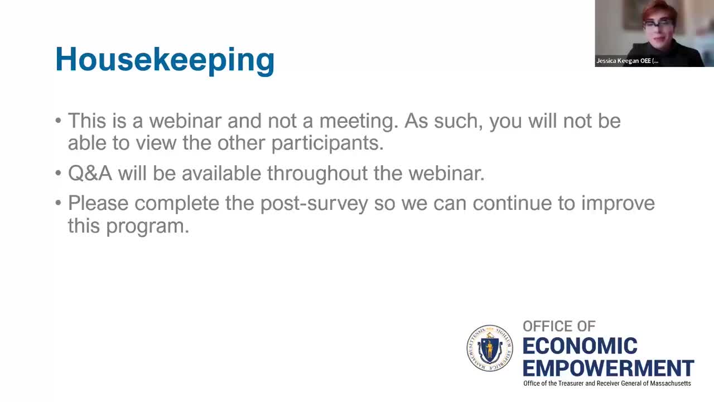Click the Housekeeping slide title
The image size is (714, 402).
click(x=165, y=59)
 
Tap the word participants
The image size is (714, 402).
click(x=327, y=143)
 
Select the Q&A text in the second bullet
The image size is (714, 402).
click(x=90, y=173)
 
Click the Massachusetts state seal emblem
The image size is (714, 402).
click(x=489, y=348)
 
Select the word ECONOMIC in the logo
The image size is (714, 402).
click(x=580, y=346)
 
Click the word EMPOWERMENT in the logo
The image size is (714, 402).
click(x=608, y=368)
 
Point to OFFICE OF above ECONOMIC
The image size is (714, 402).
click(x=559, y=326)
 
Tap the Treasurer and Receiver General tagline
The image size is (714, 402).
click(x=607, y=384)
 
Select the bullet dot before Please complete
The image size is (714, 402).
click(x=59, y=203)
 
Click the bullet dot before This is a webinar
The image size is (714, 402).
click(x=59, y=121)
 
